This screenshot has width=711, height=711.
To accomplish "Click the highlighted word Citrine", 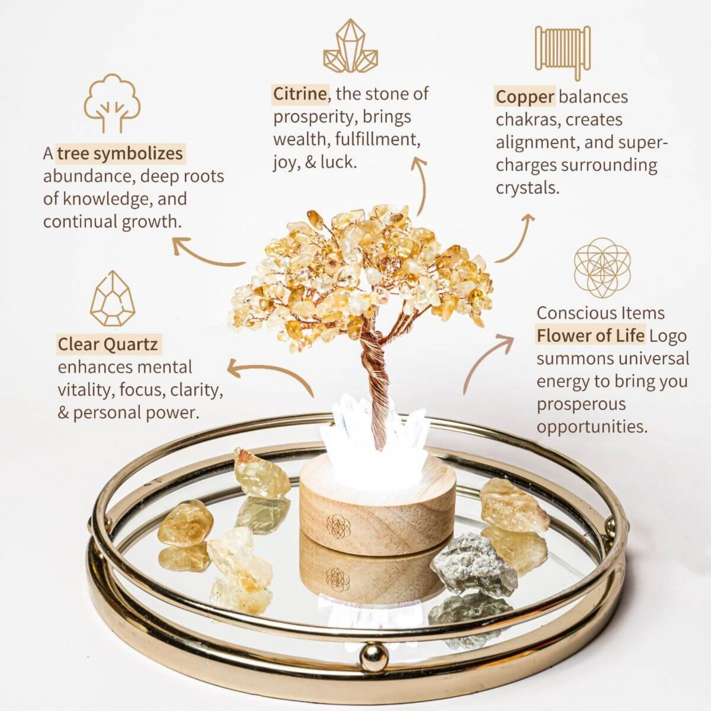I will click(x=300, y=94).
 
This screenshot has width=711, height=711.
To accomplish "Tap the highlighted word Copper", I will click(x=525, y=97).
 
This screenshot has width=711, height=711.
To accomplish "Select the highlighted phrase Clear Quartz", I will click(x=108, y=344).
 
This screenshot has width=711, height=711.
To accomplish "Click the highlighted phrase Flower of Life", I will click(x=590, y=336).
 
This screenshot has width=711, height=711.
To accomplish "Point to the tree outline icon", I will click(x=112, y=103).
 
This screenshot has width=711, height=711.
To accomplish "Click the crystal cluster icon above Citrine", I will click(x=350, y=46).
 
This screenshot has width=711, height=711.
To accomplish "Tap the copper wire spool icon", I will click(x=563, y=52).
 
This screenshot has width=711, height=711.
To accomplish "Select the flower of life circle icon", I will click(x=602, y=268).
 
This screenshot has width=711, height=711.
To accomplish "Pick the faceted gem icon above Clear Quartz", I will click(x=112, y=299).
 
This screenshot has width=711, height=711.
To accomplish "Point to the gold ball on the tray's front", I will click(x=373, y=657).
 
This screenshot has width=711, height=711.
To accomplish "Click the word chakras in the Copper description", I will click(x=524, y=120).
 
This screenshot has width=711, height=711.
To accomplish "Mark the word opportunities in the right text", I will click(x=591, y=427).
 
